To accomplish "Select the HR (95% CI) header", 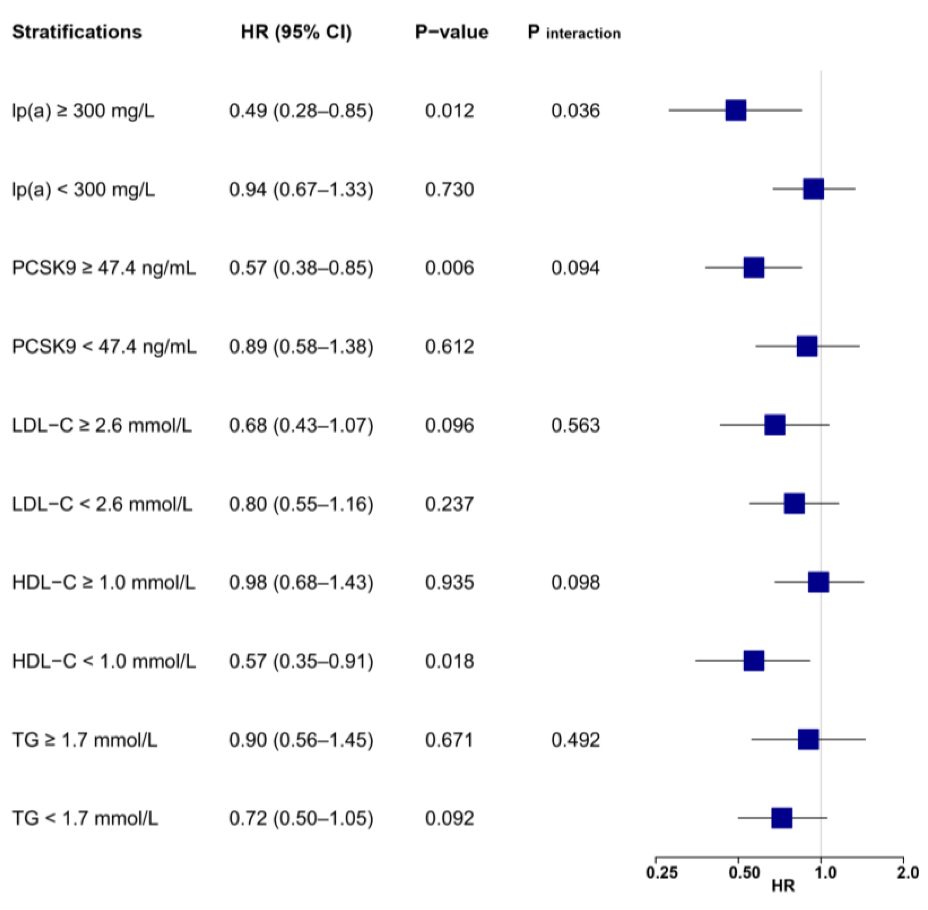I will click(296, 32).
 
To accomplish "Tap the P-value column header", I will click(451, 32).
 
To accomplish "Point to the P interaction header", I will click(574, 32).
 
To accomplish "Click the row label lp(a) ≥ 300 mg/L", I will click(83, 111).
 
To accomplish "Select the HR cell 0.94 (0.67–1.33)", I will click(301, 190).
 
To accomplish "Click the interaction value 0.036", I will click(575, 111).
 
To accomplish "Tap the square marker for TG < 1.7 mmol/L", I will click(781, 818).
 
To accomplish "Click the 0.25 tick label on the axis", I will click(662, 873).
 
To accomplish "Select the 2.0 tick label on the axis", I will click(907, 873).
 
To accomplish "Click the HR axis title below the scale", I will click(783, 886).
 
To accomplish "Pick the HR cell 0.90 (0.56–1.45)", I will click(301, 740).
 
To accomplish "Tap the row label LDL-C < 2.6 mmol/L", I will click(102, 504).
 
